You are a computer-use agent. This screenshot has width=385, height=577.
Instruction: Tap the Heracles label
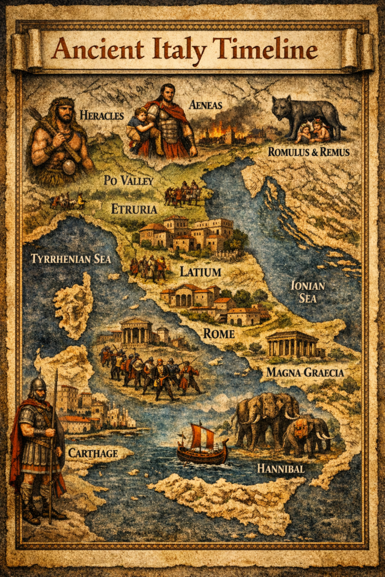pos(101,115)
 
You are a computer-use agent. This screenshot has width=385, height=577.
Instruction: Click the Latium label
pos(200,272)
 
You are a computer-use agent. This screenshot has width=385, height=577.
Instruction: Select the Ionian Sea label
pos(307,291)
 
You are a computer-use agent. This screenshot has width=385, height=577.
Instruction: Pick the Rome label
pos(218,333)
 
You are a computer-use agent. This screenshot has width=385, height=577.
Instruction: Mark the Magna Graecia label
pos(304,372)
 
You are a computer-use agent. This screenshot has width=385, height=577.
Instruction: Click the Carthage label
pos(93,452)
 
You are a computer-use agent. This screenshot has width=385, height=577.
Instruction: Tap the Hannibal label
pos(281,468)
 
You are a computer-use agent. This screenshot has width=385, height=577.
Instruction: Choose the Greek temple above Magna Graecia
pos(292,343)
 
